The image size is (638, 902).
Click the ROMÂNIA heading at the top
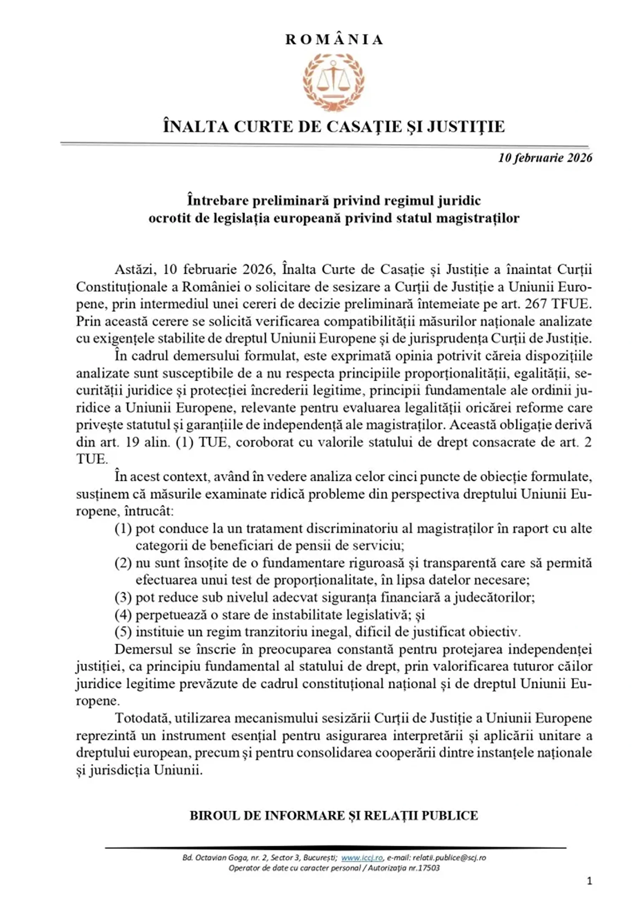[x=334, y=40]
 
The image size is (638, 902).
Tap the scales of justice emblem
[x=334, y=82]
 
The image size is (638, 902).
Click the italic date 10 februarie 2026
[x=545, y=158]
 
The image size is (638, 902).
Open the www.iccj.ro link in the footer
[x=362, y=858]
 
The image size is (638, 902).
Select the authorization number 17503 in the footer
[x=430, y=868]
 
